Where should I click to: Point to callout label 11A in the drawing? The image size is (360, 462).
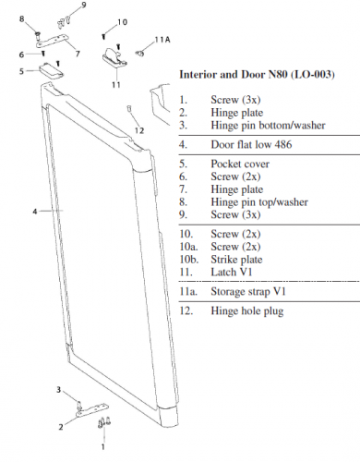[162, 40]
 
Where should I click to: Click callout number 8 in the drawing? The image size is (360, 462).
[34, 19]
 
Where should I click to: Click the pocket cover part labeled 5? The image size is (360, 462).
[54, 68]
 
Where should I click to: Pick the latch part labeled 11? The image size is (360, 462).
[115, 56]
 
